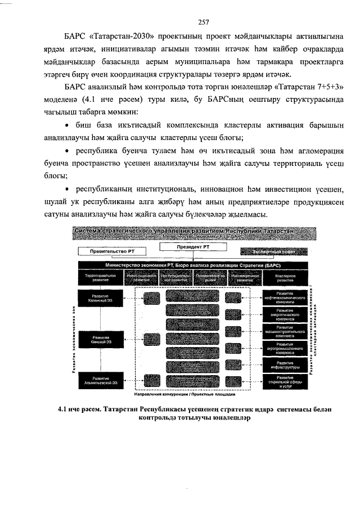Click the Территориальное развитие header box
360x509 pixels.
[101, 278]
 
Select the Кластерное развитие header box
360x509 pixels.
[285, 278]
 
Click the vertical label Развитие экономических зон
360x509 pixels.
[74, 337]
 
